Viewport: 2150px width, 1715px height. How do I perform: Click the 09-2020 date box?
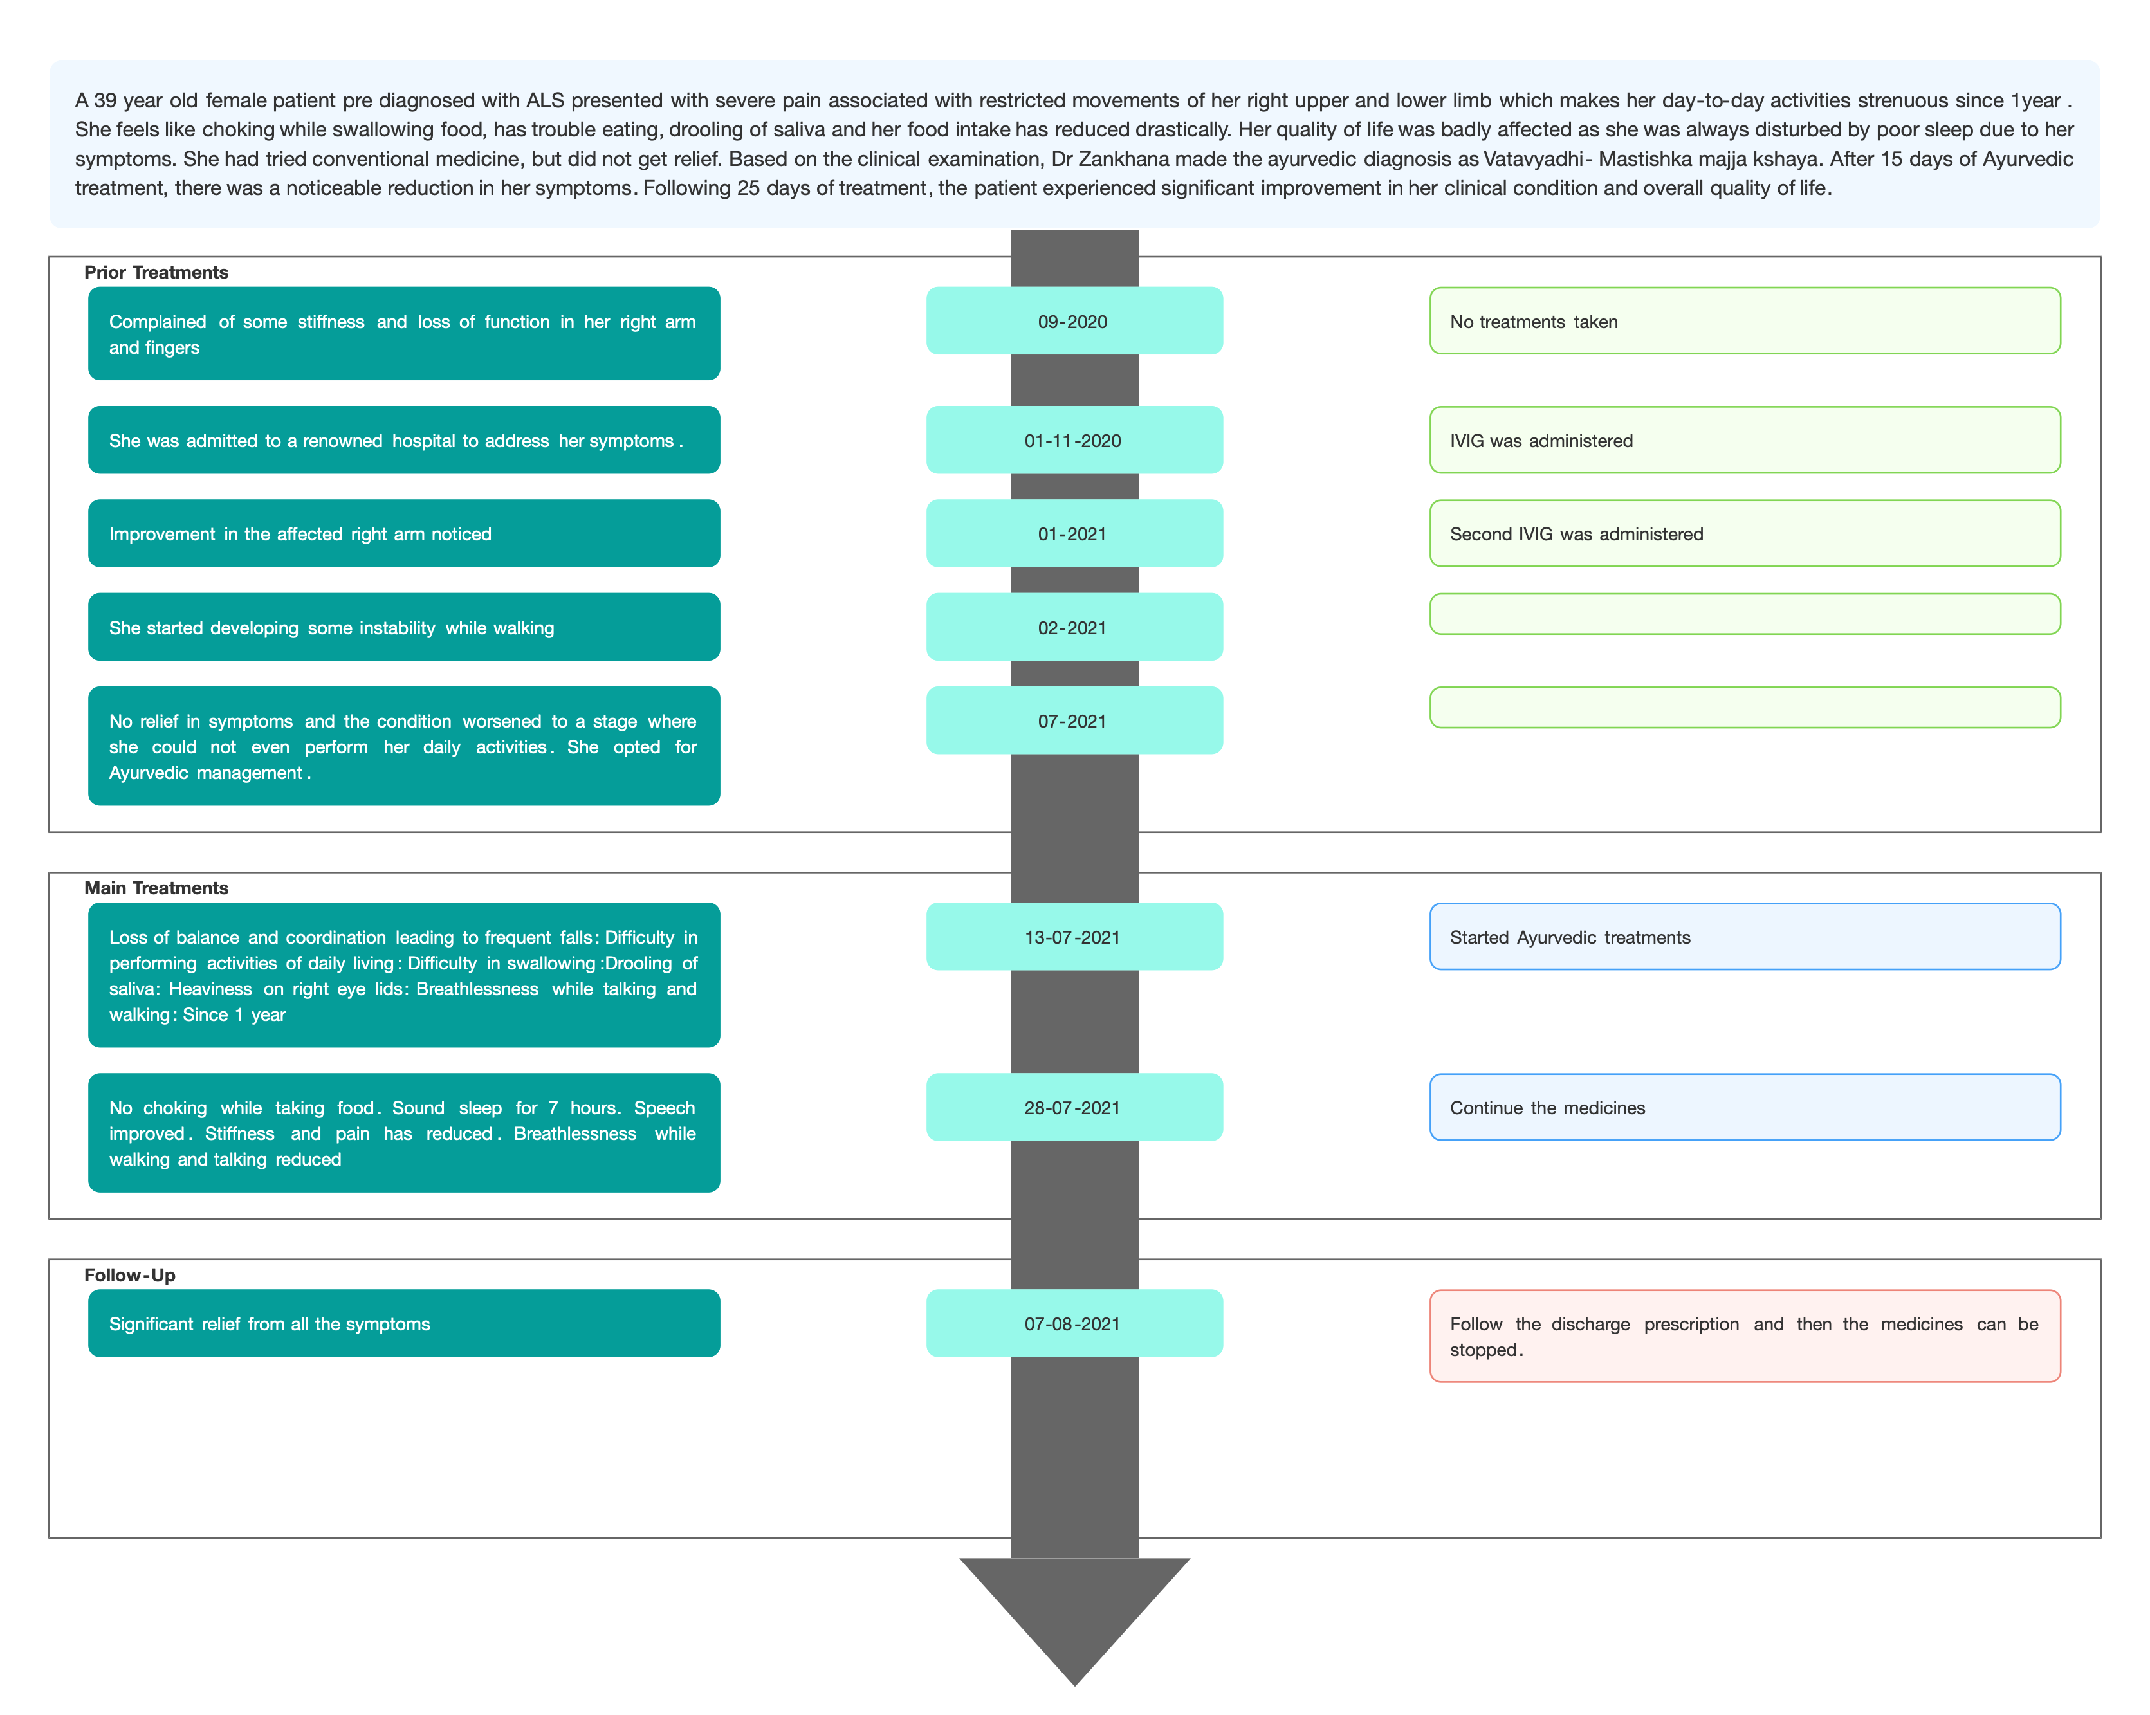click(x=1074, y=321)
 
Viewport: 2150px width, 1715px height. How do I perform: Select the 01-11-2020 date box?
click(x=1074, y=440)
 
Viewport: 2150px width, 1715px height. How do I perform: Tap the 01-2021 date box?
click(x=1074, y=533)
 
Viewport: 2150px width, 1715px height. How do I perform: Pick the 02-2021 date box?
click(x=1074, y=627)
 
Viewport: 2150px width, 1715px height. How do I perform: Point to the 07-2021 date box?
click(x=1074, y=720)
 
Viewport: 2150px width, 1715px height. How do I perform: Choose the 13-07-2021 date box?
click(x=1074, y=936)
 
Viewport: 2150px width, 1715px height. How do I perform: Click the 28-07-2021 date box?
click(x=1074, y=1106)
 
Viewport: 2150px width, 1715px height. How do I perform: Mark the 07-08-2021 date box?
click(x=1074, y=1323)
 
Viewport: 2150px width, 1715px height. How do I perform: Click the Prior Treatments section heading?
click(x=156, y=272)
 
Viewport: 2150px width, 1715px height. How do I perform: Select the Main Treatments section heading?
click(x=156, y=888)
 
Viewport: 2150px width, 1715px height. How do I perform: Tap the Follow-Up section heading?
click(x=130, y=1274)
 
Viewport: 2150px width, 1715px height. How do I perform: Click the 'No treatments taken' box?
click(x=1745, y=321)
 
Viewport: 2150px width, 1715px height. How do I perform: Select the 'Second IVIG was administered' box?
click(x=1745, y=533)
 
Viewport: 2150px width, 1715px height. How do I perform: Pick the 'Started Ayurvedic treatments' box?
click(x=1745, y=936)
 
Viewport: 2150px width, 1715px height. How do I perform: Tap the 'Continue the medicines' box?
click(x=1745, y=1106)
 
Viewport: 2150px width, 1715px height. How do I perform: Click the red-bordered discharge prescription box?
click(x=1745, y=1336)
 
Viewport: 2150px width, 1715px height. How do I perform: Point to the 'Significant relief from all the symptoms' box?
click(x=404, y=1323)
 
